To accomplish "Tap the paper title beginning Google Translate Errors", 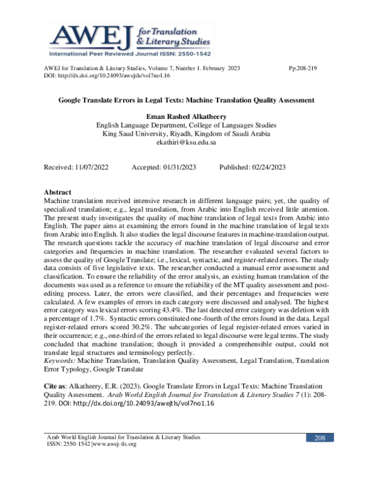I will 186,100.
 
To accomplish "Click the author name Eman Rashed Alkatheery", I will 186,116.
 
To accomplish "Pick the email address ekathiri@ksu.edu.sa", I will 186,142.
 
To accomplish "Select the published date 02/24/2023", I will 269,167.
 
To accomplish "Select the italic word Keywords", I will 60,361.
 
